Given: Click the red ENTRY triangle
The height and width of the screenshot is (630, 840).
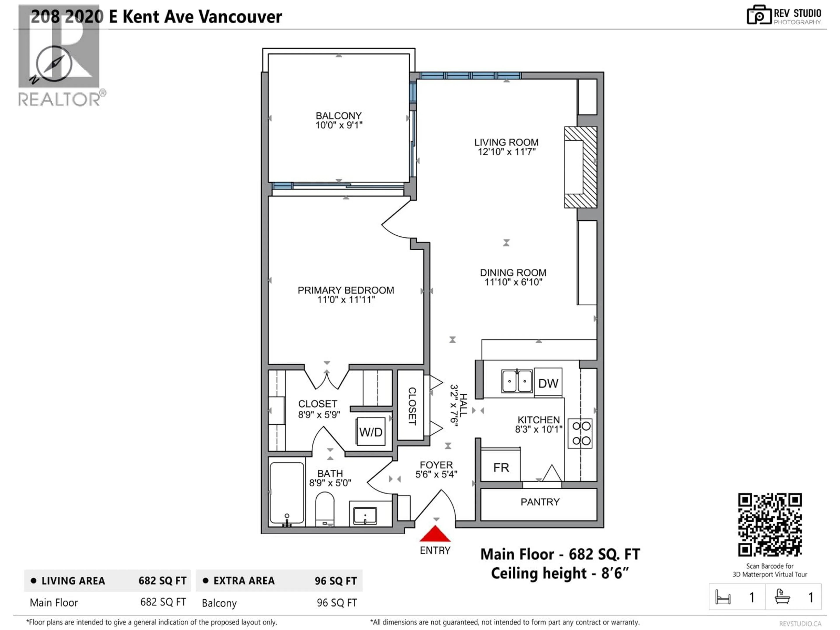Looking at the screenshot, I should pos(435,534).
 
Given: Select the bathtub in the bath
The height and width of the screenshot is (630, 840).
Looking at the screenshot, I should pos(287,493).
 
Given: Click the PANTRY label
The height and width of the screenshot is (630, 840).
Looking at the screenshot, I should pos(540,502).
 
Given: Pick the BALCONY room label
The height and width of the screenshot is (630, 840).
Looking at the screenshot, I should pos(338,115).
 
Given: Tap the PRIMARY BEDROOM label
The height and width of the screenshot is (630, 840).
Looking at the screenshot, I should pos(346,290).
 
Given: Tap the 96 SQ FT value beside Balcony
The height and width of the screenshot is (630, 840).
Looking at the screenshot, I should pos(336,603).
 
